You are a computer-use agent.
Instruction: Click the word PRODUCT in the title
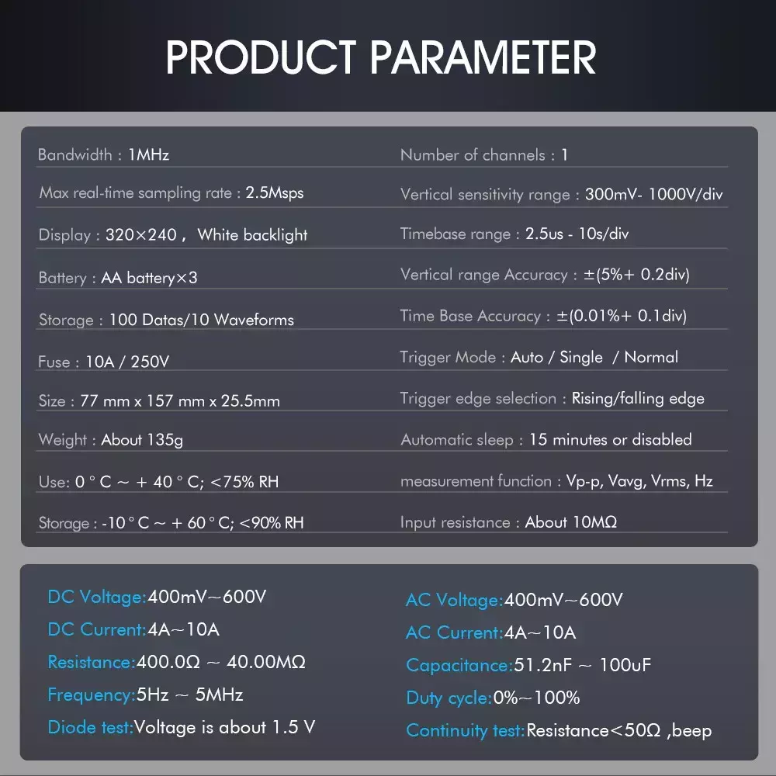pyautogui.click(x=261, y=57)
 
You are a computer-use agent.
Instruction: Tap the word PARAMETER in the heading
pyautogui.click(x=483, y=57)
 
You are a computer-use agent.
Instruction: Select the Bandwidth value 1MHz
pyautogui.click(x=148, y=155)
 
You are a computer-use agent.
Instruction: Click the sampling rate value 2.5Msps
pyautogui.click(x=275, y=192)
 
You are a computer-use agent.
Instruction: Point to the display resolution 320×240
pyautogui.click(x=141, y=234)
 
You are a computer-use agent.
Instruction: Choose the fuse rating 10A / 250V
pyautogui.click(x=127, y=362)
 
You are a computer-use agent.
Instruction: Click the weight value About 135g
pyautogui.click(x=142, y=440)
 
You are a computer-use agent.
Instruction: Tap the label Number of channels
pyautogui.click(x=473, y=155)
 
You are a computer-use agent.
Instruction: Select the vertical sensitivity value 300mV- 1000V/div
pyautogui.click(x=653, y=194)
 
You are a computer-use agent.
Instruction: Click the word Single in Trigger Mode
pyautogui.click(x=581, y=357)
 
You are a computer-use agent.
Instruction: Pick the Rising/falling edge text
pyautogui.click(x=638, y=398)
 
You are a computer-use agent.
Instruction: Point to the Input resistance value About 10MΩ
pyautogui.click(x=570, y=522)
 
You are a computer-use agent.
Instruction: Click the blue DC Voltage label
pyautogui.click(x=97, y=597)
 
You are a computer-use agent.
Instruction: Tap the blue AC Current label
pyautogui.click(x=454, y=632)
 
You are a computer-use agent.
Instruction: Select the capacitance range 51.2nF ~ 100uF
pyautogui.click(x=583, y=665)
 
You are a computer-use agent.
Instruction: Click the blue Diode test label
pyautogui.click(x=91, y=728)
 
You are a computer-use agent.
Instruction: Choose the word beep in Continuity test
pyautogui.click(x=692, y=730)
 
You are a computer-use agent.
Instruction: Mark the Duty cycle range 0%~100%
pyautogui.click(x=536, y=698)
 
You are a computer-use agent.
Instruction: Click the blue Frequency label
pyautogui.click(x=92, y=695)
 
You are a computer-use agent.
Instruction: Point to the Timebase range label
pyautogui.click(x=456, y=234)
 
